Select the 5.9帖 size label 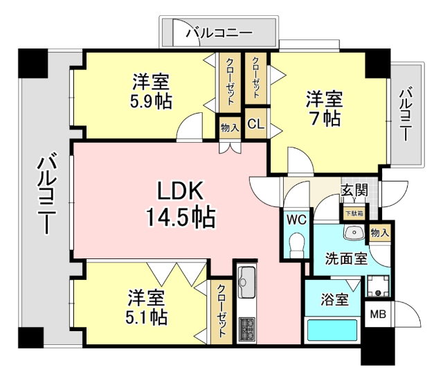pos(151,101)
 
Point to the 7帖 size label pos(324,117)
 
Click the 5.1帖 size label pos(146,317)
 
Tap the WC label pos(296,220)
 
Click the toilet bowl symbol pos(296,244)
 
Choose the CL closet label pos(255,125)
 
